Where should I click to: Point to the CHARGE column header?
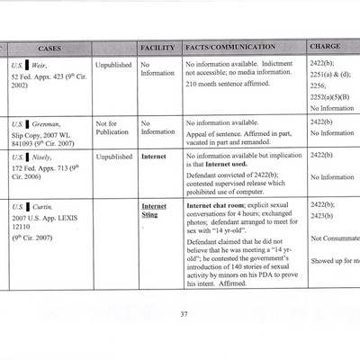325,47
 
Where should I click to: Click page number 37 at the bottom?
183,313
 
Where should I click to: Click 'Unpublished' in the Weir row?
113,65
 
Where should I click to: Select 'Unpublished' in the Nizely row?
113,156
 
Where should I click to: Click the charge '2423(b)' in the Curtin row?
322,216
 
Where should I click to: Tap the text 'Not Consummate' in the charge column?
334,238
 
